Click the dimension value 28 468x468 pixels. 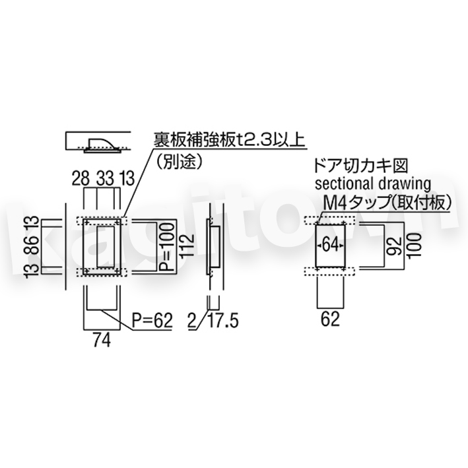click(x=81, y=178)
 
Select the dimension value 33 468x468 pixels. click(x=106, y=178)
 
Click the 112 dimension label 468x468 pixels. click(x=187, y=246)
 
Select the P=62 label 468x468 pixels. click(x=152, y=321)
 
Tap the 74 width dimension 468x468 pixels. click(x=102, y=340)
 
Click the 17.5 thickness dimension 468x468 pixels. click(x=223, y=321)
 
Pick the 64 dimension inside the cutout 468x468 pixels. click(x=331, y=246)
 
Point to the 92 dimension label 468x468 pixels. click(x=393, y=246)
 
